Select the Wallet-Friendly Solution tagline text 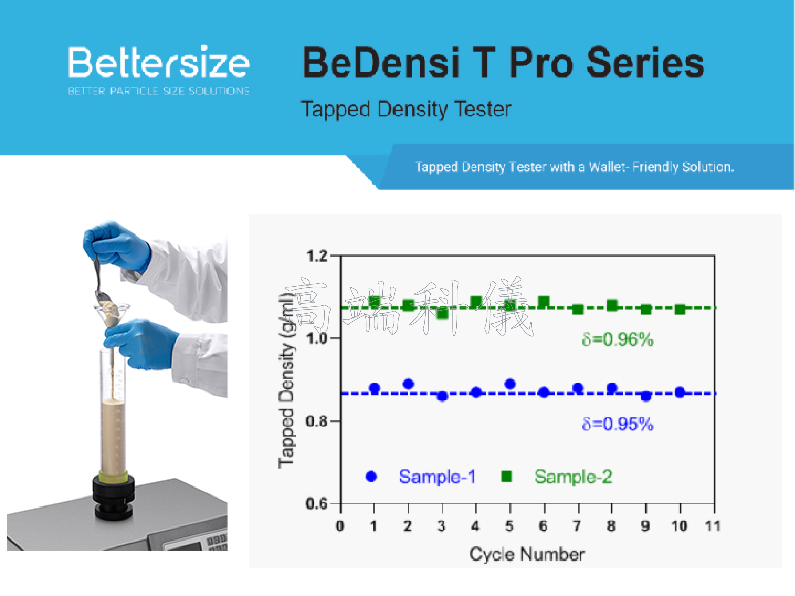click(x=575, y=167)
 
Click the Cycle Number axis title click(x=527, y=554)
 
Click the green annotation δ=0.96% click(x=617, y=339)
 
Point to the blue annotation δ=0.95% click(x=617, y=424)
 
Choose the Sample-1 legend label click(x=437, y=477)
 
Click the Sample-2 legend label click(x=573, y=477)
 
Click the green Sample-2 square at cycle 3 click(x=442, y=314)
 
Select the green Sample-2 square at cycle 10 click(x=680, y=309)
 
